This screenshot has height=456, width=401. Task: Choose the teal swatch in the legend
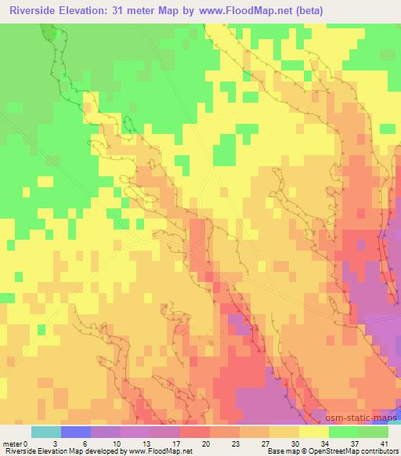tap(46, 432)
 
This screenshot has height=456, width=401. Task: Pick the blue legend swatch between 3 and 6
tap(76, 432)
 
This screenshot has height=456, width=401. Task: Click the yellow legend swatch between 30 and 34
tap(314, 432)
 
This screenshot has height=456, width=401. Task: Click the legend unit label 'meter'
tap(13, 443)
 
